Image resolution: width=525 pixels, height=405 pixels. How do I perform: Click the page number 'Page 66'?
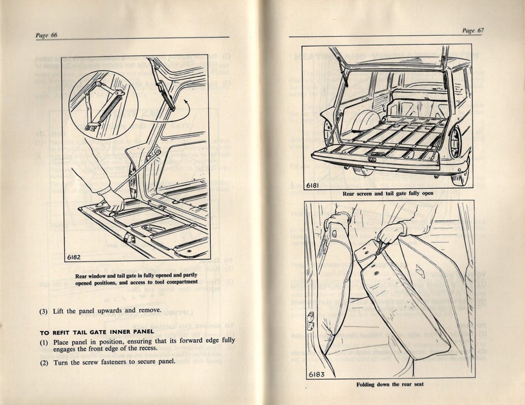(x=46, y=35)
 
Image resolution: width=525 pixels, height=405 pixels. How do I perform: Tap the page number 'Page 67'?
(x=472, y=31)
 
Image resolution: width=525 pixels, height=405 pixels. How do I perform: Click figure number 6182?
(x=76, y=257)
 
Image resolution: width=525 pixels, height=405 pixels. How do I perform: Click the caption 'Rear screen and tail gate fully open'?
(x=389, y=194)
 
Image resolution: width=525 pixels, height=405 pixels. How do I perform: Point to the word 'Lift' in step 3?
(x=59, y=311)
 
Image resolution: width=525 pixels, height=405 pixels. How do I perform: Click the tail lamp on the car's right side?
(x=455, y=142)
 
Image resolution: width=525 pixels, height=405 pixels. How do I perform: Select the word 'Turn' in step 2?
(x=61, y=362)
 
